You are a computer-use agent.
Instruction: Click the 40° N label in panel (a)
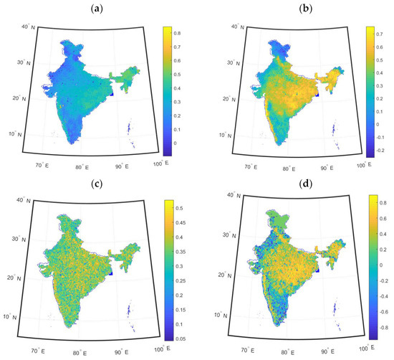click(29, 27)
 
